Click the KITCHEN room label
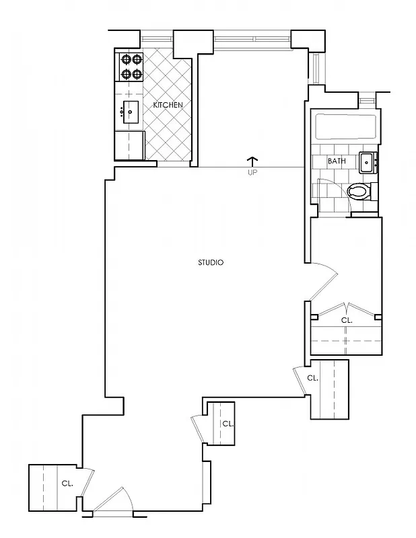168,106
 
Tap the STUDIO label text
211,262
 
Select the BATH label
337,161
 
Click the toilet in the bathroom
360,192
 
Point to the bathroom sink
368,162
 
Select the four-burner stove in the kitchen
131,67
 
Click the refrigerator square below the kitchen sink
129,144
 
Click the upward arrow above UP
253,161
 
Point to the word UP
253,172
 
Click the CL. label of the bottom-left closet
67,483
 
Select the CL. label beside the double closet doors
346,321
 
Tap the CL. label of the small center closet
228,424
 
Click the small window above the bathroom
366,100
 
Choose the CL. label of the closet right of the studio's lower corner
312,379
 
